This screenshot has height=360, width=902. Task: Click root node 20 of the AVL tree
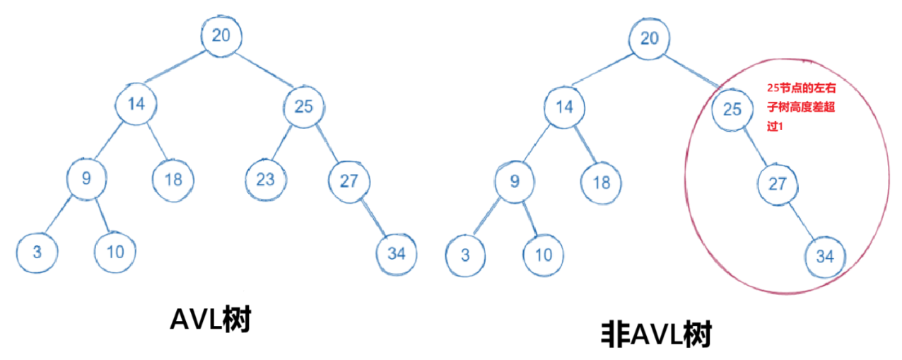221,36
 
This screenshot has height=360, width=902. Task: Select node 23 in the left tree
265,180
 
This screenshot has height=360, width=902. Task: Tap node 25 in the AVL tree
303,107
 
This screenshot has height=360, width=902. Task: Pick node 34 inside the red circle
825,256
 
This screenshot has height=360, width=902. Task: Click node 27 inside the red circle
778,184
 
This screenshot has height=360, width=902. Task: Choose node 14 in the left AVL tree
136,105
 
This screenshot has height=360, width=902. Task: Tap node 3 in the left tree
36,251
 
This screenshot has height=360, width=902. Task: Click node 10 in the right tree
544,253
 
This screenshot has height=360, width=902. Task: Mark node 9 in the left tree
86,178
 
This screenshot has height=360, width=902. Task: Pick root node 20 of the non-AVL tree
649,37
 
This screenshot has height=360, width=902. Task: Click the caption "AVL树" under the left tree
211,320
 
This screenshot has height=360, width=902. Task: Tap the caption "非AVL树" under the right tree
655,335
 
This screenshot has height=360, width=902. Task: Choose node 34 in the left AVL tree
397,253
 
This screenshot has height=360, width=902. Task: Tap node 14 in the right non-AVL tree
564,108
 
